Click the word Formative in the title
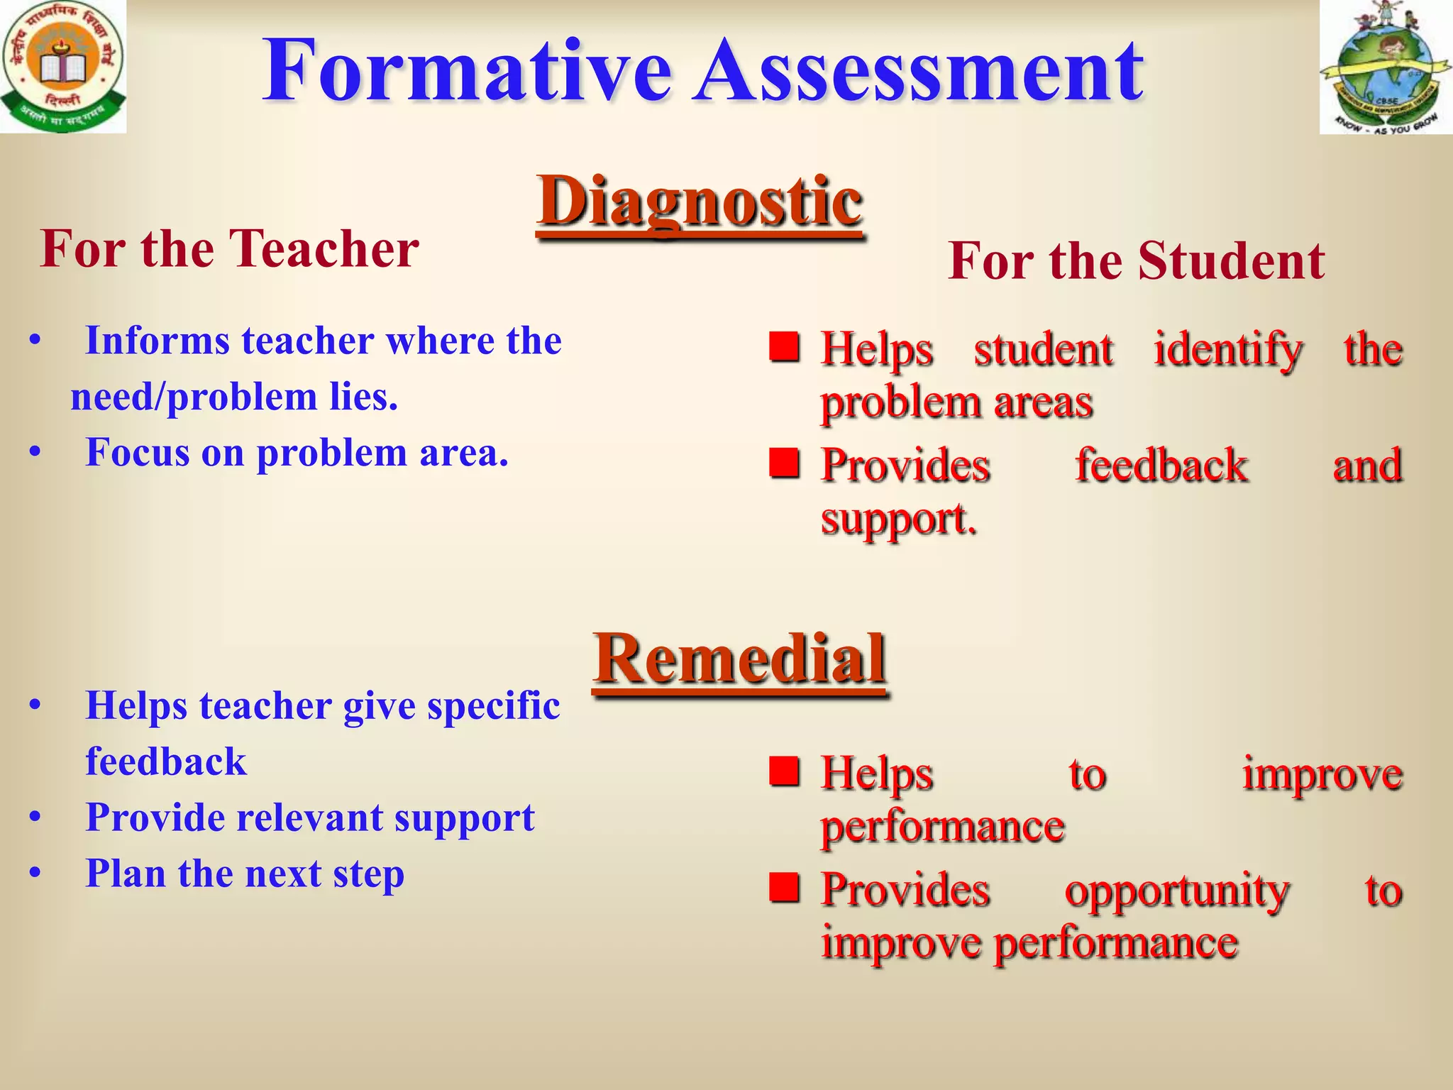tap(467, 71)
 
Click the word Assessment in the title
tap(918, 71)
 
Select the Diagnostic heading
tap(700, 202)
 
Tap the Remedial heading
tap(740, 659)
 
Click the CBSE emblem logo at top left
tap(63, 67)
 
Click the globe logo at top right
tap(1386, 67)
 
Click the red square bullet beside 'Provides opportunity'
tap(785, 886)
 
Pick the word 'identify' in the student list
tap(1227, 350)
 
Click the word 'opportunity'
tap(1176, 891)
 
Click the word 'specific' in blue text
tap(493, 707)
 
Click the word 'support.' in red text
tap(898, 519)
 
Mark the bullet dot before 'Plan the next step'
tap(35, 874)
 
